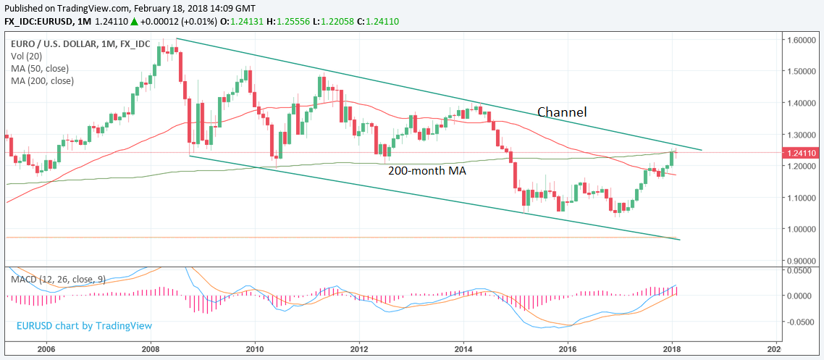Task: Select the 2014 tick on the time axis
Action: [x=464, y=348]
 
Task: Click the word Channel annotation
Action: [x=561, y=112]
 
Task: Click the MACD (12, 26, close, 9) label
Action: [x=58, y=279]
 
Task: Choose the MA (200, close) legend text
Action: [x=43, y=80]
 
